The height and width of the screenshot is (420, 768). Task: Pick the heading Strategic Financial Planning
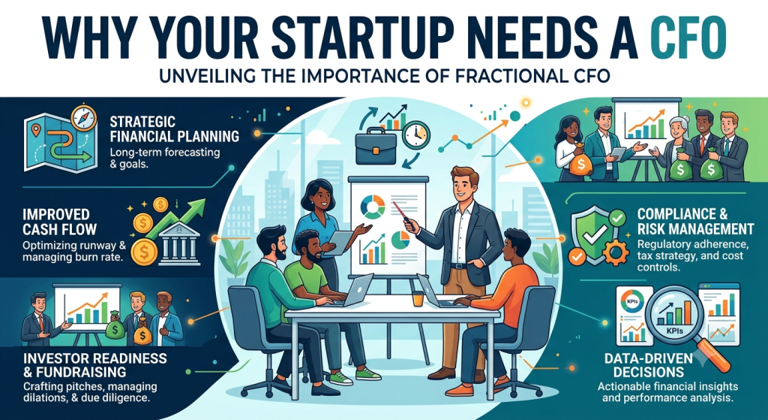(x=174, y=128)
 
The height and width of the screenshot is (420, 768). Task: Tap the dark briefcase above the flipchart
(x=376, y=147)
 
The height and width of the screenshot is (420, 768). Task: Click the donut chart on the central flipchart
(x=372, y=207)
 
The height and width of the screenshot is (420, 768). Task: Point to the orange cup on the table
(x=417, y=299)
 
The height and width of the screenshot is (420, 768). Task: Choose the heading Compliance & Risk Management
(x=695, y=222)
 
